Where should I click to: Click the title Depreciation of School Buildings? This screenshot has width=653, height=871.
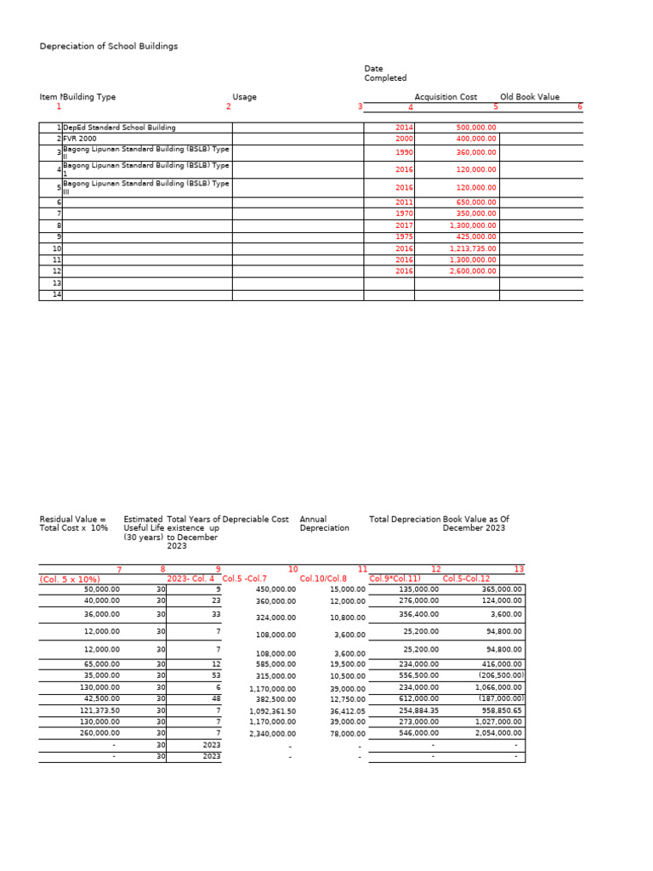pyautogui.click(x=109, y=46)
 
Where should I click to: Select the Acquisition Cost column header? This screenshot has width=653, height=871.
pyautogui.click(x=446, y=97)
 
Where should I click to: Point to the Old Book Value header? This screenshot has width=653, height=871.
pyautogui.click(x=530, y=97)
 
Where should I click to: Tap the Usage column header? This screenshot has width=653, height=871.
pyautogui.click(x=244, y=97)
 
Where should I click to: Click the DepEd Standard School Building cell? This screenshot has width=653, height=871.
pyautogui.click(x=120, y=128)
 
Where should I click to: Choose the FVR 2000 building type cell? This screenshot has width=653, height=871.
pyautogui.click(x=80, y=138)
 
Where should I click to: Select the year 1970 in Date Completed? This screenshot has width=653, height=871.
pyautogui.click(x=404, y=213)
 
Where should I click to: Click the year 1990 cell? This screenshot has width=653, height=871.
pyautogui.click(x=404, y=152)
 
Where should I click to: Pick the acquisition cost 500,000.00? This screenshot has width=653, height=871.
pyautogui.click(x=476, y=128)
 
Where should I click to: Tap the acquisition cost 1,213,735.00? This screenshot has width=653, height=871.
pyautogui.click(x=473, y=248)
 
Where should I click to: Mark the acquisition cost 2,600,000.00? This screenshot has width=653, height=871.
pyautogui.click(x=473, y=270)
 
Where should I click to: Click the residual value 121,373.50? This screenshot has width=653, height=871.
pyautogui.click(x=102, y=709)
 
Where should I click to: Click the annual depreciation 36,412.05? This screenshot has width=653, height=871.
pyautogui.click(x=347, y=710)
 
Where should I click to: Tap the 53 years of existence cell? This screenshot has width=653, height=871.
pyautogui.click(x=216, y=675)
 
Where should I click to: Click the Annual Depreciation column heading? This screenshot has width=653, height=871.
pyautogui.click(x=324, y=523)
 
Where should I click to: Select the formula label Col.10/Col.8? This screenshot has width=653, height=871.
pyautogui.click(x=323, y=578)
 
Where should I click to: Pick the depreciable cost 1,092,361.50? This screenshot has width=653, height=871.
pyautogui.click(x=272, y=710)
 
